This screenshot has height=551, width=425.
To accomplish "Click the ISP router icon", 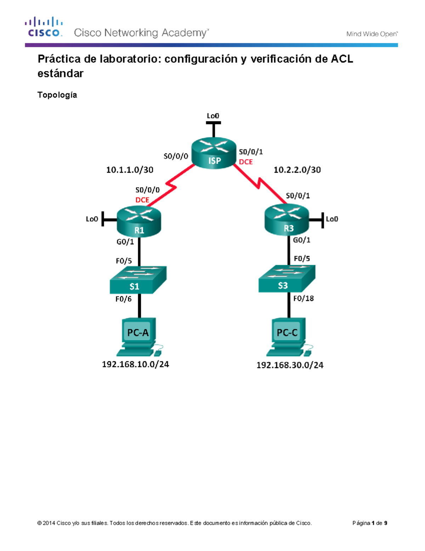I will tap(214, 153).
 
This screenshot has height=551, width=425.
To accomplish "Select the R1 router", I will tap(139, 221).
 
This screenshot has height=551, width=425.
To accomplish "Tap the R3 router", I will tap(287, 220).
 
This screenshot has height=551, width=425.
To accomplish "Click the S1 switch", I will tap(138, 280).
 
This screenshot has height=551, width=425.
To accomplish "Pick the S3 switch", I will tap(287, 279).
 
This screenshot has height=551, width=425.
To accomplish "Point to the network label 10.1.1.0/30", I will tap(130, 170).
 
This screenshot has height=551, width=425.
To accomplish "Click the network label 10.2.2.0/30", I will tap(297, 170).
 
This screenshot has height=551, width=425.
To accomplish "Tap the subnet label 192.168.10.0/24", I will tap(135, 364).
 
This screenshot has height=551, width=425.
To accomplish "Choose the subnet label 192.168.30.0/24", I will tap(290, 365).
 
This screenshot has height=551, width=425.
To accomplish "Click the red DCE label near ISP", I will tap(246, 162).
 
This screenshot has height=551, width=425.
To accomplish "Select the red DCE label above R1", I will tap(142, 200).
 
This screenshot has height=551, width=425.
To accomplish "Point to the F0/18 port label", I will tap(304, 298).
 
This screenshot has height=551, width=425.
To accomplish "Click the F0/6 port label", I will tap(123, 299).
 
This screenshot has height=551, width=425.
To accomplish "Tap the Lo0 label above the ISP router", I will tap(213, 116).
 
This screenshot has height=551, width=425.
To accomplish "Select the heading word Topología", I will tap(57, 95).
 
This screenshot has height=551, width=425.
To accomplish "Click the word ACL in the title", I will tap(342, 59).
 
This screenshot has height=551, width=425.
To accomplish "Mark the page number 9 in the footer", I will tap(386, 523).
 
